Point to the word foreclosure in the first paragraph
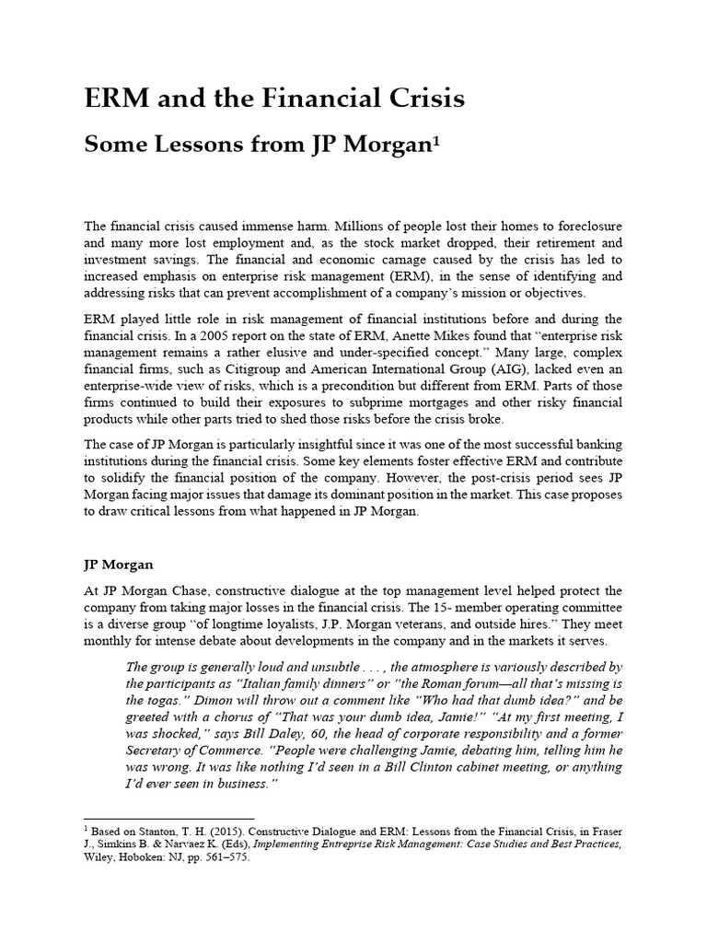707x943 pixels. (x=579, y=226)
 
